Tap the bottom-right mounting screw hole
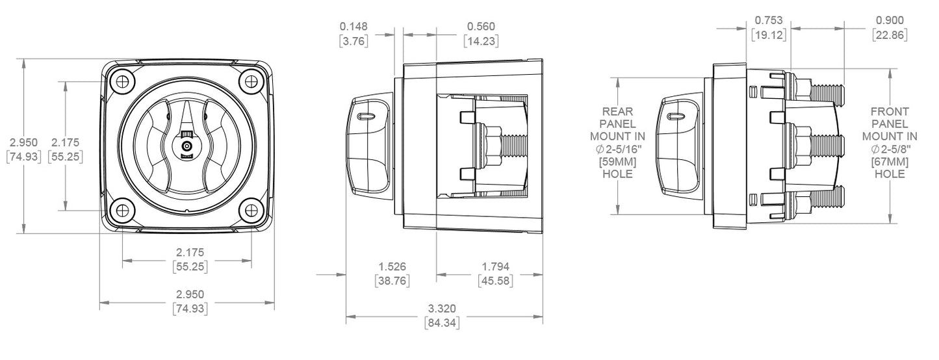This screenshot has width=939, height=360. tap(251, 210)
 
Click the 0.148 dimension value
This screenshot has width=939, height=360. tap(354, 27)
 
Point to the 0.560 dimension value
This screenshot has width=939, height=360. tap(481, 27)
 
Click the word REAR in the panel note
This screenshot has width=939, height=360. tap(617, 111)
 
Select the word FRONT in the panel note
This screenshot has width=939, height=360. tap(890, 111)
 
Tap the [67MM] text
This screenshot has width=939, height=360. tap(890, 162)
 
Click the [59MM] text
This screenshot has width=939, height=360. tap(617, 162)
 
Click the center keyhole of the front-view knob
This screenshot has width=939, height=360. tap(187, 146)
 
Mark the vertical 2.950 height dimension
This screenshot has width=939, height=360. tap(24, 142)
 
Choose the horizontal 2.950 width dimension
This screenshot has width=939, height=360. tap(190, 296)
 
